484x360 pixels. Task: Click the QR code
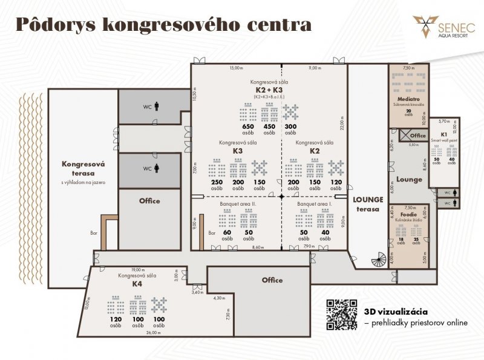coord(341,315)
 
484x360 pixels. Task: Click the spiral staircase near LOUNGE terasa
coord(378,261)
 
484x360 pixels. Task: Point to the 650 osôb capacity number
coord(247,126)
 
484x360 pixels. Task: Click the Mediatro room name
coord(408,98)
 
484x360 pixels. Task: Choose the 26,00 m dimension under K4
coord(154,332)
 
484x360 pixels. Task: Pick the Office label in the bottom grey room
coord(272,280)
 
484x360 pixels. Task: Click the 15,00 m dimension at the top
coord(236,68)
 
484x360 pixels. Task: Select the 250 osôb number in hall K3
coord(217,182)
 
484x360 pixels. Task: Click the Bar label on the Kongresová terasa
coord(93,232)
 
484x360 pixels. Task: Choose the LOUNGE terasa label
coord(368,203)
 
